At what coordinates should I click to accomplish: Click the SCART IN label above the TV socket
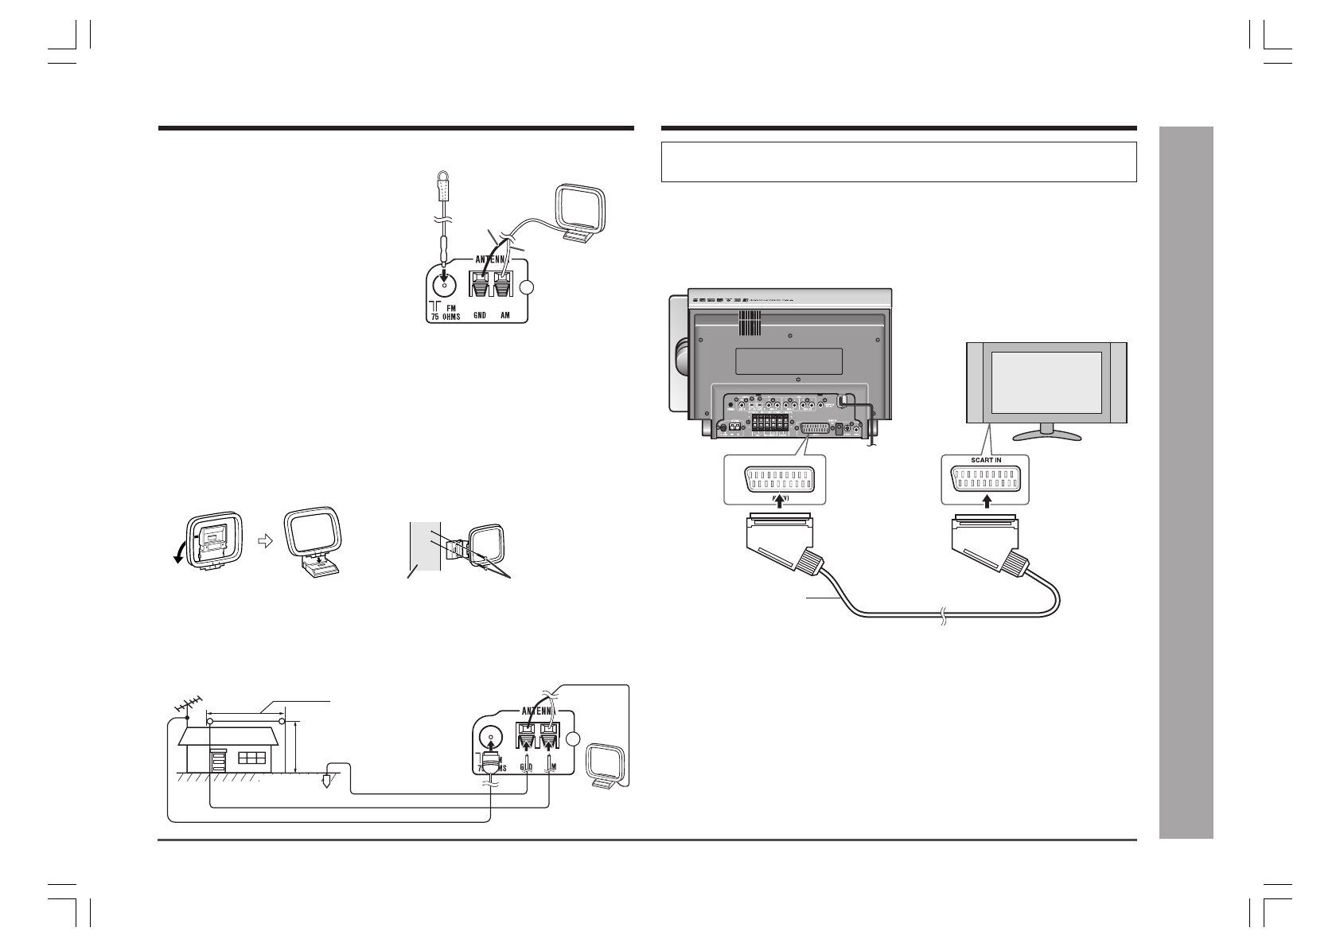(985, 459)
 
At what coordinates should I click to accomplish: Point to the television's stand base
(1046, 435)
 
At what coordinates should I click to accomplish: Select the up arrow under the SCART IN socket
(987, 501)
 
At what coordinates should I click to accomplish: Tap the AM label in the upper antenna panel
(504, 316)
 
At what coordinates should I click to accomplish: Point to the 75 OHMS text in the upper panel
(444, 316)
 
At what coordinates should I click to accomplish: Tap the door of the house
(217, 760)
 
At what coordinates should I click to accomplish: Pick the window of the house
(252, 757)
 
